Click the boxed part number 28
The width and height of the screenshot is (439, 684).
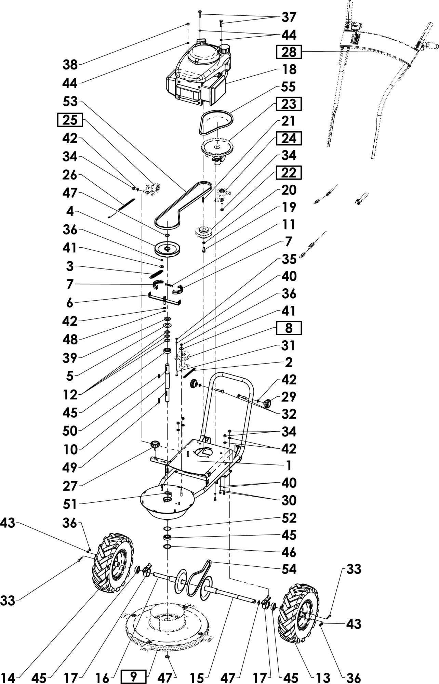click(x=289, y=52)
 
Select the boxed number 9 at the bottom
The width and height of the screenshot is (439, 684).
click(x=134, y=676)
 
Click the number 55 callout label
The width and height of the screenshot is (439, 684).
click(x=288, y=87)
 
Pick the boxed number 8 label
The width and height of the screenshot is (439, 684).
click(x=289, y=328)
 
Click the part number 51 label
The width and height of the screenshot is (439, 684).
click(x=70, y=504)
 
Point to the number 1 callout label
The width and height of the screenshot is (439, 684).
click(x=288, y=465)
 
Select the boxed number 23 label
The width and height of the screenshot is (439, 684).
click(x=288, y=104)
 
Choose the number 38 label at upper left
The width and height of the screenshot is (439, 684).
click(x=70, y=64)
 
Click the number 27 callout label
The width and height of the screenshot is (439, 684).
click(x=70, y=486)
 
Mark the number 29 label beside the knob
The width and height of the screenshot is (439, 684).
click(x=288, y=397)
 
